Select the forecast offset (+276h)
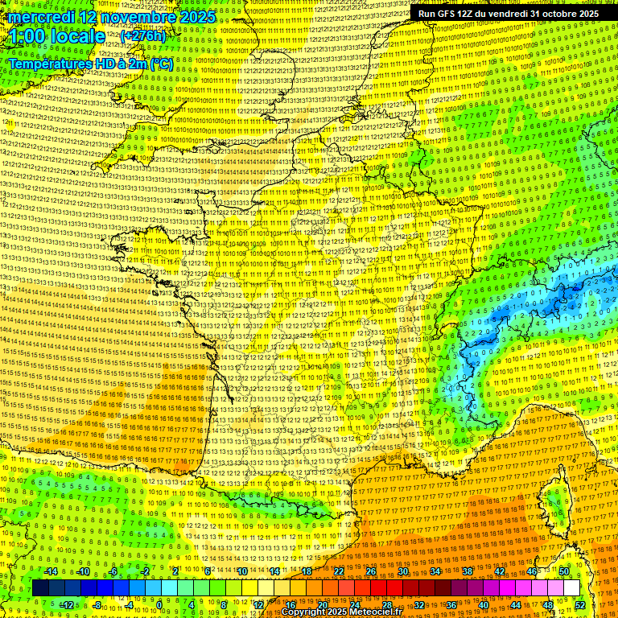(143, 36)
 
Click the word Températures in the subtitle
(48, 63)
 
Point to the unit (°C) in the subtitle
(161, 63)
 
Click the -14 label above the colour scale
(51, 571)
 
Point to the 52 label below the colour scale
(580, 604)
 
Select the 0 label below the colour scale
(159, 604)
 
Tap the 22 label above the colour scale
(339, 571)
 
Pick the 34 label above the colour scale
(435, 571)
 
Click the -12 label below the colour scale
(67, 604)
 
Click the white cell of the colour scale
(571, 588)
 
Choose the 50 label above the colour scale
(564, 571)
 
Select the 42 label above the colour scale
(500, 571)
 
